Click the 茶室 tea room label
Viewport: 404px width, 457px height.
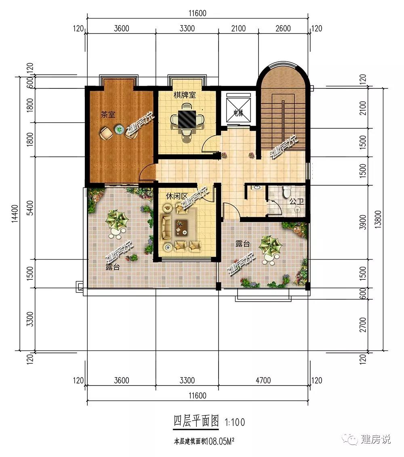pos(108,115)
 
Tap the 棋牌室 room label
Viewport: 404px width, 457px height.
pos(185,95)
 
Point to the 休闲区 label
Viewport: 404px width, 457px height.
pos(177,197)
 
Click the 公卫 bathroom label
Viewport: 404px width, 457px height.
pos(297,201)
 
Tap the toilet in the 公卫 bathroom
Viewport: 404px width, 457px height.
pos(286,191)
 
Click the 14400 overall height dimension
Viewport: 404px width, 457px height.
pos(15,213)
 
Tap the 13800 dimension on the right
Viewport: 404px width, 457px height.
pos(378,219)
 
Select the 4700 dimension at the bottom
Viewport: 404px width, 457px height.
pos(263,380)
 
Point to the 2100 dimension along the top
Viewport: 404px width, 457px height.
pos(238,29)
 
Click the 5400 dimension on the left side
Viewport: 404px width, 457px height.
pos(30,208)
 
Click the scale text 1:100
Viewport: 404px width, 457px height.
pos(235,422)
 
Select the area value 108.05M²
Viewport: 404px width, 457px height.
pos(220,442)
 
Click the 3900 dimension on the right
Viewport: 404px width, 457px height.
pos(362,222)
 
